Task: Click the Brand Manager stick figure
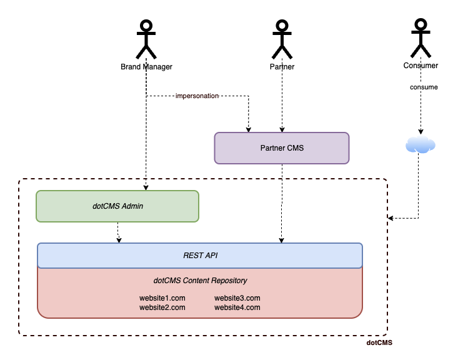click(146, 39)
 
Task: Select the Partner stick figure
click(282, 39)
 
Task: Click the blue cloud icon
click(420, 146)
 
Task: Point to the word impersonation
click(197, 96)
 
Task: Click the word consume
click(424, 87)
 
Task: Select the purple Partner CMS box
click(281, 148)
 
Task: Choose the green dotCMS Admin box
click(117, 206)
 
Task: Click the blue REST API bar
click(200, 255)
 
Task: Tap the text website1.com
click(162, 298)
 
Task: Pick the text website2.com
click(162, 307)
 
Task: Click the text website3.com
click(237, 298)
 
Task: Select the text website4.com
click(237, 307)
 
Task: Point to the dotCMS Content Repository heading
click(200, 281)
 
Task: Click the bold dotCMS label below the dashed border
click(379, 343)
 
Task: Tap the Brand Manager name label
click(146, 66)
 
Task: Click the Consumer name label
click(421, 66)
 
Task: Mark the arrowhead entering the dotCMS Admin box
click(146, 187)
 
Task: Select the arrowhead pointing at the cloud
click(421, 132)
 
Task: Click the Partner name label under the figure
click(282, 66)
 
